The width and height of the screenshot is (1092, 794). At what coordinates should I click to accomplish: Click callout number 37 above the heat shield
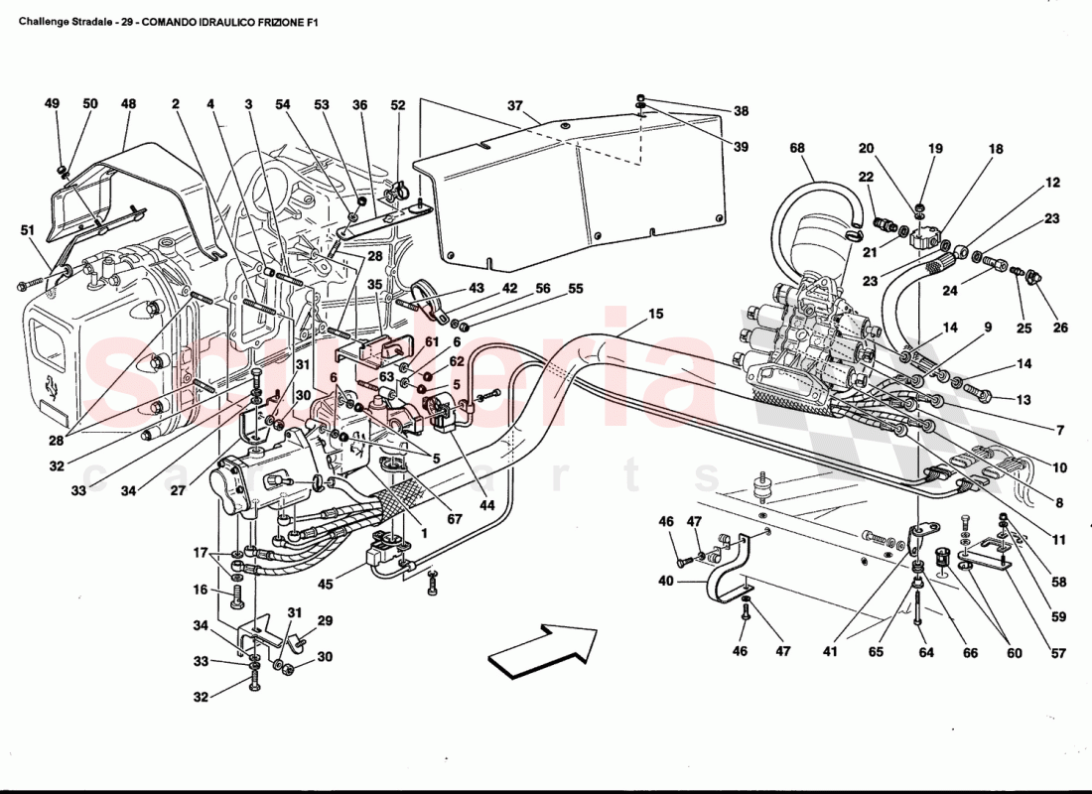point(514,105)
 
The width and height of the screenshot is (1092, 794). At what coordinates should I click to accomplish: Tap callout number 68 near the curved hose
point(797,149)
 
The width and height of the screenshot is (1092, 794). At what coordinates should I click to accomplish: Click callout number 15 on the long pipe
point(655,315)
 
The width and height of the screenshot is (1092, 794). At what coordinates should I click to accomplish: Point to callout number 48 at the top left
point(128,103)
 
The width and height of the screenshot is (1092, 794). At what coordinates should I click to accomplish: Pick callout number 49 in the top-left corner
point(53,103)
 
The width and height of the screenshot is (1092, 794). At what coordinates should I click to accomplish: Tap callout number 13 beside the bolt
point(1023,400)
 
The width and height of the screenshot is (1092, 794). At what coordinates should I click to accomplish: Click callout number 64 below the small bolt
point(925,653)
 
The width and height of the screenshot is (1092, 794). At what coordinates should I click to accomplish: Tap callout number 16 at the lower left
point(201,590)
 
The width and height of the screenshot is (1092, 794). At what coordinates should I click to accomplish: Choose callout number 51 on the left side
point(27,230)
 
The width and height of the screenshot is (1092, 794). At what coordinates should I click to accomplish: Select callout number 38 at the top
point(741,112)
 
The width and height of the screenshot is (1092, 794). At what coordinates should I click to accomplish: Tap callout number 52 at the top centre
point(398,104)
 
